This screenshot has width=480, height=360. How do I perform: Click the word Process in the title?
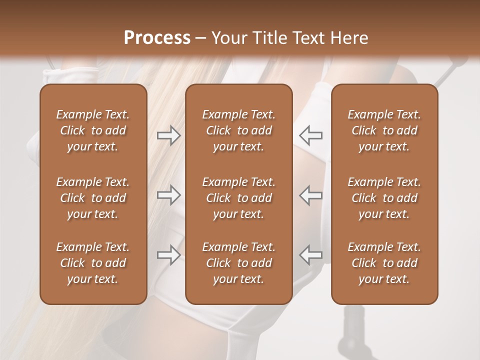[x=157, y=38]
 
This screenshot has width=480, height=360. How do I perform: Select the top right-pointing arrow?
[x=168, y=135]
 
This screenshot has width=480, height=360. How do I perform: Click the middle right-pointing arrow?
[x=168, y=195]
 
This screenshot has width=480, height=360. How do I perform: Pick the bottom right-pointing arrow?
[x=168, y=255]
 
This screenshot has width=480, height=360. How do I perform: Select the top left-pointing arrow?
[x=311, y=135]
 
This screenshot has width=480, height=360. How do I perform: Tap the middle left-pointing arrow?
[x=311, y=195]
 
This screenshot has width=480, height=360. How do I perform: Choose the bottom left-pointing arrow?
[x=311, y=255]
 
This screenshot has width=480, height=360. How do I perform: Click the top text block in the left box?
[x=93, y=130]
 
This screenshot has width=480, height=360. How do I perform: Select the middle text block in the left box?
[x=93, y=198]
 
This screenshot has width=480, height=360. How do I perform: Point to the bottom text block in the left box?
[x=93, y=263]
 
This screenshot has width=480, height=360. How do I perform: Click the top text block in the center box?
[x=238, y=130]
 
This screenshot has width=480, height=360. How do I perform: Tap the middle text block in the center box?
[x=238, y=198]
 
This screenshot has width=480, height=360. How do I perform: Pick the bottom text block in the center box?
[x=238, y=263]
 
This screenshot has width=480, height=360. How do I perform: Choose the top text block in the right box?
[x=384, y=130]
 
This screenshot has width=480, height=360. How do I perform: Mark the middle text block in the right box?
[x=384, y=198]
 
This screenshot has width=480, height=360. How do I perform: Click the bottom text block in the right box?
[x=384, y=263]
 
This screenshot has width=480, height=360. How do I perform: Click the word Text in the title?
[x=311, y=38]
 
